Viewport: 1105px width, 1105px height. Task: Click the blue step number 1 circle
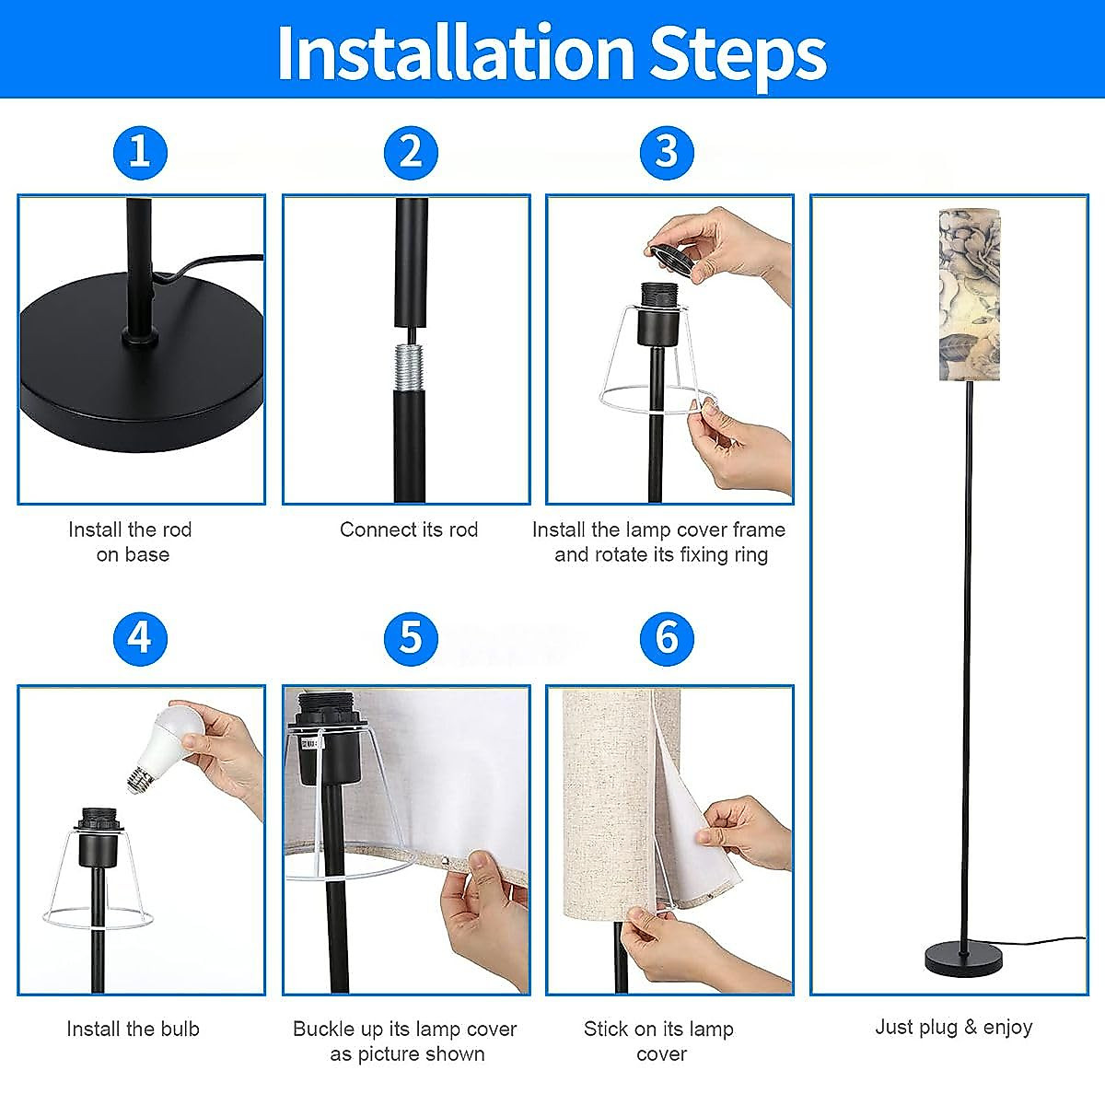tap(141, 153)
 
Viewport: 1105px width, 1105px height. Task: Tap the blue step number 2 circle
tap(411, 153)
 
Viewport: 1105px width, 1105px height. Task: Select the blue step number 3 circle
tap(667, 153)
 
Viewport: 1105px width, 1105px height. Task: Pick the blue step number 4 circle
tap(141, 639)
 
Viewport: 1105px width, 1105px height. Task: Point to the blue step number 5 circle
tap(411, 639)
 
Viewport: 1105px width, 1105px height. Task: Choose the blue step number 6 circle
tap(667, 639)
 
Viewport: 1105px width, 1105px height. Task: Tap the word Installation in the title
tap(456, 52)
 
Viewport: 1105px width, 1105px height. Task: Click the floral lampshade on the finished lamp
tap(970, 294)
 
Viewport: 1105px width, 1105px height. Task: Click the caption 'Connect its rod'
tap(409, 529)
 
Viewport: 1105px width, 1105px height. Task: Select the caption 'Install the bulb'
tap(133, 1029)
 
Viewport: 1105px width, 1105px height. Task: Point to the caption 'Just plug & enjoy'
tap(954, 1027)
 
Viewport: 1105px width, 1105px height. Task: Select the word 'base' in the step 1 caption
tap(147, 555)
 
